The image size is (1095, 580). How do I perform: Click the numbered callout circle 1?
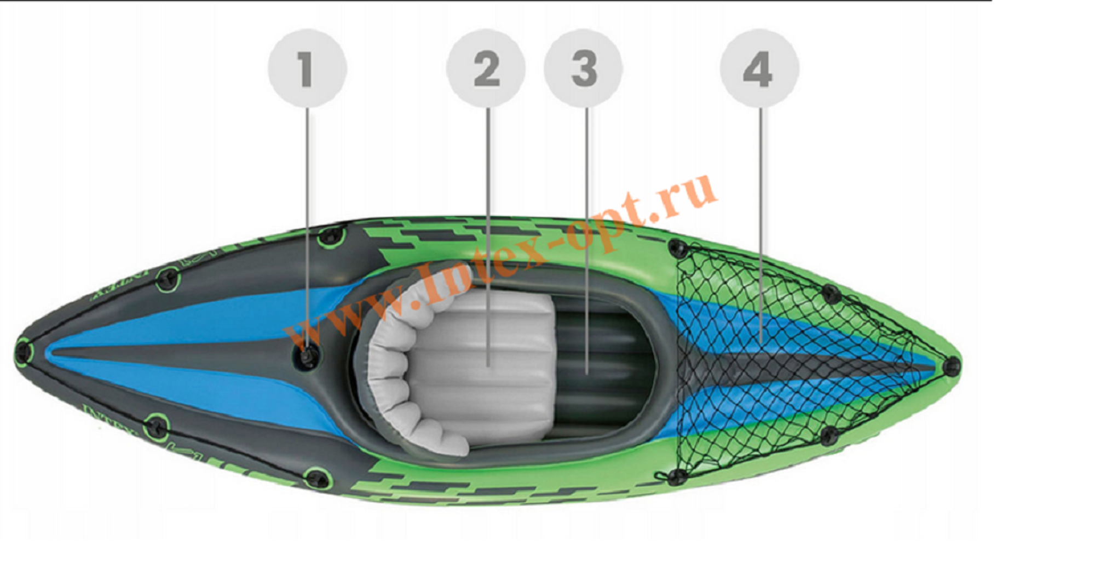tap(307, 68)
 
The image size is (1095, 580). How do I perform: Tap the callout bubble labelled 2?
tap(486, 68)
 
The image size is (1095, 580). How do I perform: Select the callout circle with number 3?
tap(583, 68)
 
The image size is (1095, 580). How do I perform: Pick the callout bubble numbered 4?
tap(759, 68)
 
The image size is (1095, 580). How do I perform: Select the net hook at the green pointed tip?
tap(952, 365)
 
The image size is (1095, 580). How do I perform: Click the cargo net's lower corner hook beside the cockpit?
tap(677, 476)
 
